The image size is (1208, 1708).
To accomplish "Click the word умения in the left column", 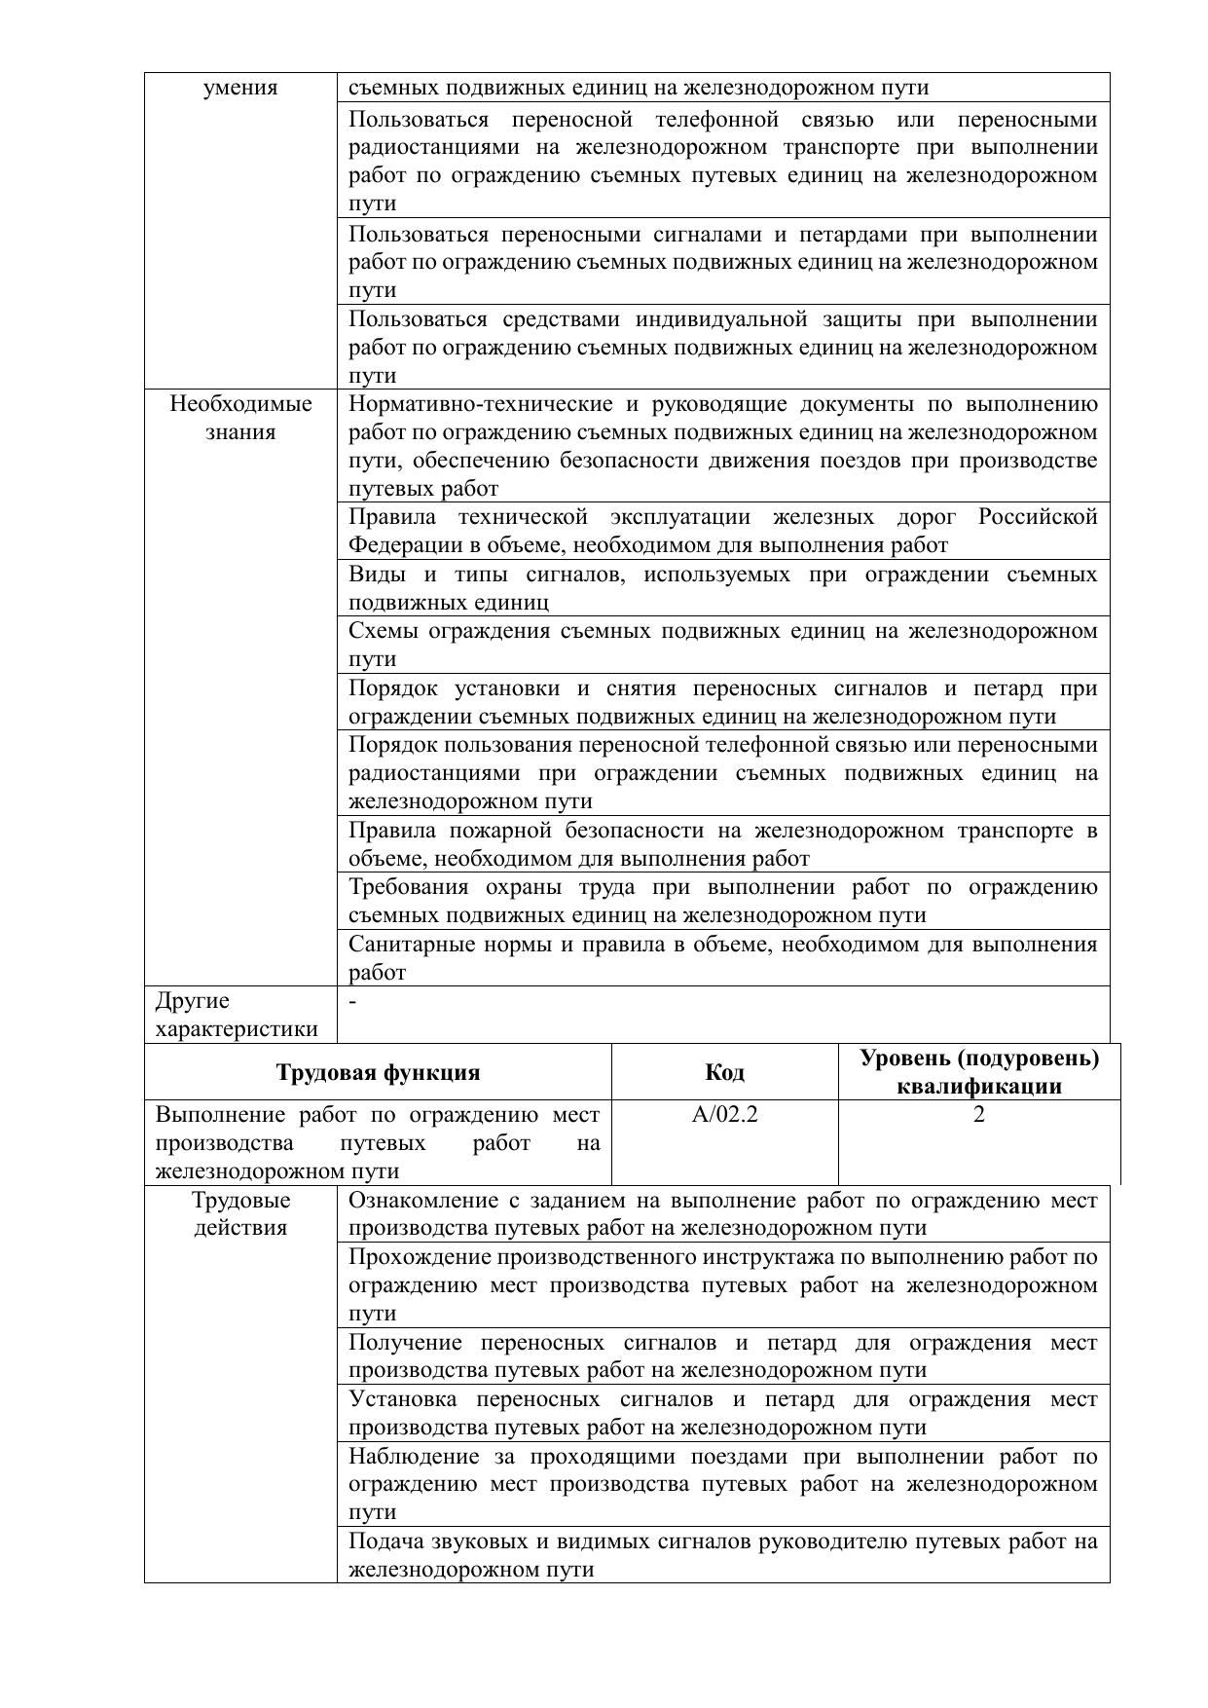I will click(x=240, y=89).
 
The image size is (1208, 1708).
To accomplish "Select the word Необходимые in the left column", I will click(x=240, y=404).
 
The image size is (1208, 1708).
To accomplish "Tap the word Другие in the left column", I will click(x=193, y=1001).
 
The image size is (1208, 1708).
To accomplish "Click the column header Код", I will click(x=724, y=1072).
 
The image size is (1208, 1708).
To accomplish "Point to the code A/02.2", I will click(x=724, y=1115).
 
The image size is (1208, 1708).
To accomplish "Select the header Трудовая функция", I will click(x=378, y=1072).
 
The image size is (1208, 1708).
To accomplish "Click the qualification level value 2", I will click(x=978, y=1115).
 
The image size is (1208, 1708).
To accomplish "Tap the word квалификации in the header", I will click(x=978, y=1087).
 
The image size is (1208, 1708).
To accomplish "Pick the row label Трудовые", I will click(x=240, y=1201).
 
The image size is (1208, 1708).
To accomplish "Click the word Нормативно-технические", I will click(x=481, y=404).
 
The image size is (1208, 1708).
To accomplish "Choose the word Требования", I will click(x=408, y=887).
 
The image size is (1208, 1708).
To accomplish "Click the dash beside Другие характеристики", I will click(x=352, y=1001).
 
